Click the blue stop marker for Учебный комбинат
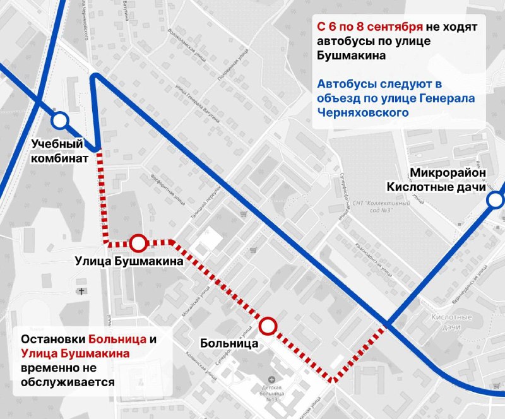(60, 120)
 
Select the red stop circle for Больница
(268, 326)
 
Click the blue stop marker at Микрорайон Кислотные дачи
(496, 201)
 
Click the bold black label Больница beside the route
(229, 344)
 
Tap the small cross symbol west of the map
(81, 291)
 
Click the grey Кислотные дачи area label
(449, 322)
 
